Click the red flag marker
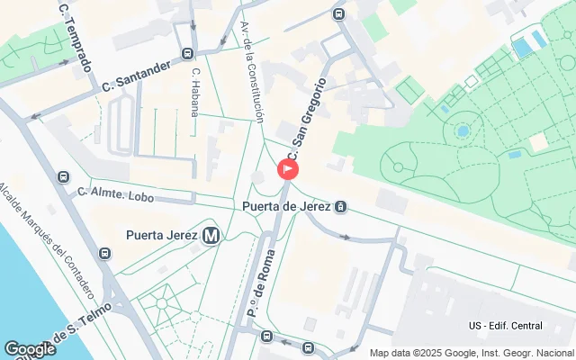point(288,168)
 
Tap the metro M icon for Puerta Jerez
point(211,236)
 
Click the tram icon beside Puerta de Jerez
point(341,207)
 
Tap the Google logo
point(30,349)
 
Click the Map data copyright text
point(472,353)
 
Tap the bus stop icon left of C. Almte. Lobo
point(62,177)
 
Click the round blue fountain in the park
point(463,130)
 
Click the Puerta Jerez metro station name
point(162,236)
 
